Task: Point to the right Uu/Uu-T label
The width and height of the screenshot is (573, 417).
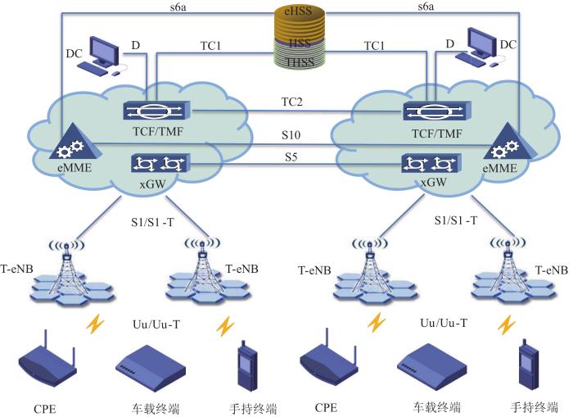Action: [x=440, y=324]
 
